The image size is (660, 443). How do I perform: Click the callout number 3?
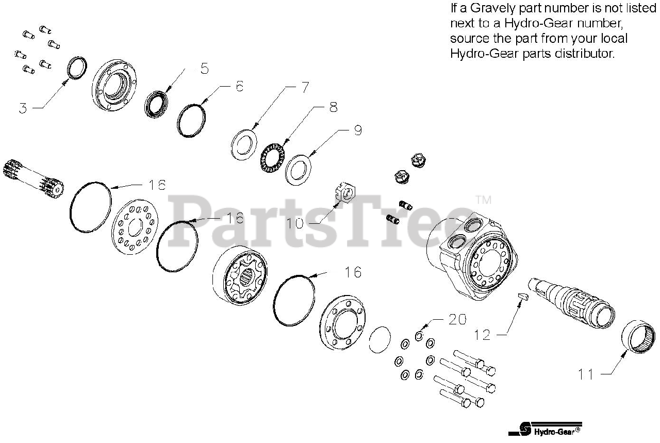(23, 109)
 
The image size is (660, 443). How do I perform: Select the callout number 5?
(204, 69)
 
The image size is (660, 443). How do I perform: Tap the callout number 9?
(358, 131)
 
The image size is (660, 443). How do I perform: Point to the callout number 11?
(586, 374)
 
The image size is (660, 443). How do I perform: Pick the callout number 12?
(483, 335)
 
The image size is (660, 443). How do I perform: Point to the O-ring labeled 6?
(191, 120)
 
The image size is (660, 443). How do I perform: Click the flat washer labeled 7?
(244, 145)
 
